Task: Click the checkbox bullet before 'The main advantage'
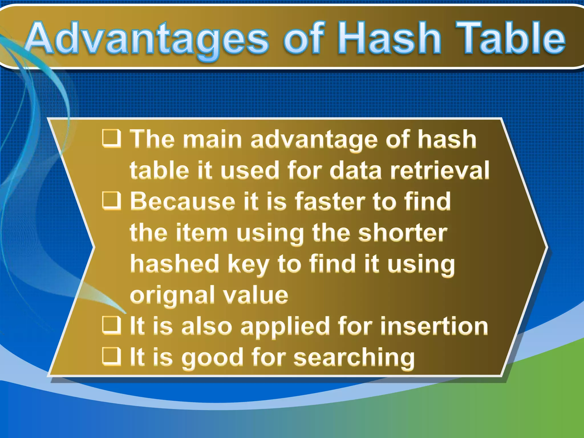pos(111,139)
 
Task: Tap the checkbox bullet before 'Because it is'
pos(111,201)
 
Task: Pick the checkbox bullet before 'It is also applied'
pos(111,325)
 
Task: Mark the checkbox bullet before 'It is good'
pos(111,356)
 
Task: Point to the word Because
pos(182,201)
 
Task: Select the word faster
pos(330,201)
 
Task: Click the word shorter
pos(403,233)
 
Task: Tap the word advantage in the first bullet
pos(314,140)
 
